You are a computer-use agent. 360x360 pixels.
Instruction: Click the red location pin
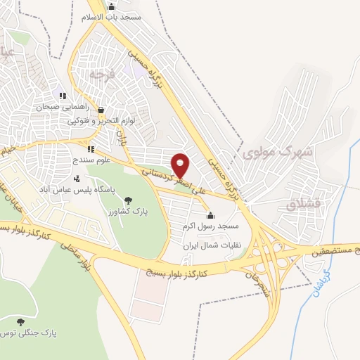click(181, 165)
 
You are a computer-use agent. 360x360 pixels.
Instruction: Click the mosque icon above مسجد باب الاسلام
click(111, 6)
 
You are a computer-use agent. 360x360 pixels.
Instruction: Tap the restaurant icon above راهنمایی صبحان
click(63, 96)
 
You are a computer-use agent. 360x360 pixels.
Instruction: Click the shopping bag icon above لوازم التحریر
click(101, 110)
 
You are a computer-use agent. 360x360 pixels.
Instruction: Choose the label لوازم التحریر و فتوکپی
click(94, 121)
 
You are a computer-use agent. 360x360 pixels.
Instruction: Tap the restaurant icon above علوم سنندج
click(91, 149)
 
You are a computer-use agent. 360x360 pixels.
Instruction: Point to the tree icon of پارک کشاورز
click(127, 201)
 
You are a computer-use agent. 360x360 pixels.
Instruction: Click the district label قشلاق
click(304, 203)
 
